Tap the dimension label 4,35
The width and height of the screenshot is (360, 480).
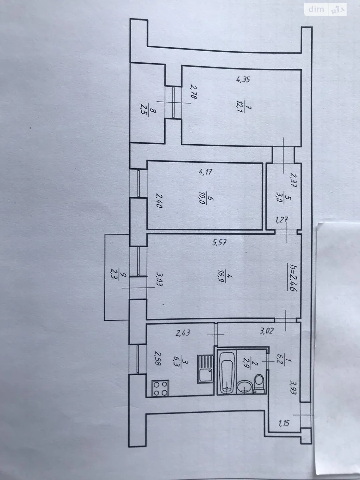(x=243, y=79)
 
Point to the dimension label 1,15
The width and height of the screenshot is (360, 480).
(x=284, y=424)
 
